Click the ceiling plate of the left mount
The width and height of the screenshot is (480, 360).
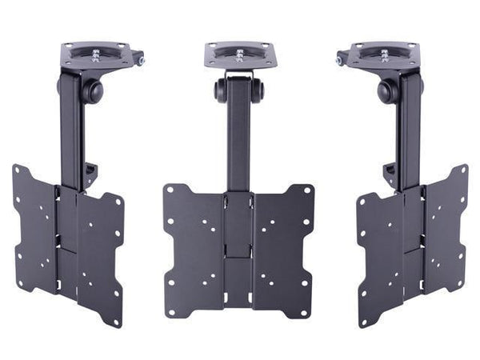click(x=100, y=55)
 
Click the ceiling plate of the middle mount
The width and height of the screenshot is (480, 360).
click(x=240, y=55)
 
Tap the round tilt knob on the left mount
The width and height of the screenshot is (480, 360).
click(x=94, y=90)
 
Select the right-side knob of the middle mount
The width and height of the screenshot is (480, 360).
click(x=258, y=90)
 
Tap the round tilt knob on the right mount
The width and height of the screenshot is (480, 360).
click(x=387, y=90)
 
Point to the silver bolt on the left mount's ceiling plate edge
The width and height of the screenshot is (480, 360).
click(x=141, y=60)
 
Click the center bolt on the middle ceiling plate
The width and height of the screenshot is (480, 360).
click(x=240, y=54)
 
